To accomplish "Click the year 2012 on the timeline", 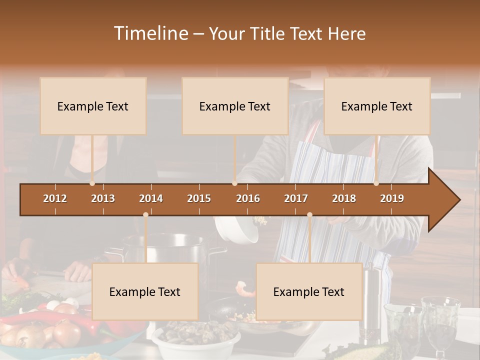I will point(55,198).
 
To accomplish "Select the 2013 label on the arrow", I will point(103,198).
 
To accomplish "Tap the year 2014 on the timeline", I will point(151,198).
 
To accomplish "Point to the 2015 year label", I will point(199,198).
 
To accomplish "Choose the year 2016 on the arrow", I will point(248,198).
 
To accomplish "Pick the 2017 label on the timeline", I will point(296,198).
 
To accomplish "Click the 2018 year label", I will point(344,198).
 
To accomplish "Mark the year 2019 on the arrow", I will point(392,198).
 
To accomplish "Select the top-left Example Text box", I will point(93,106).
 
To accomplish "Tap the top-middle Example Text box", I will point(235,106).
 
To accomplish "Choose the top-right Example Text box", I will point(377,106).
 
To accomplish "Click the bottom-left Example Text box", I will point(145,291).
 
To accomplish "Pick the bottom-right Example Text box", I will point(309,291).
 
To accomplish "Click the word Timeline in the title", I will point(150,33).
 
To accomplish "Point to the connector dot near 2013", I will point(92,183).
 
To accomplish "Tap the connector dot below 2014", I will point(145,215).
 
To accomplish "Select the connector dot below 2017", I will point(309,215).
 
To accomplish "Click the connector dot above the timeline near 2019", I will point(376,183).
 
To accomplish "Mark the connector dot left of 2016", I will point(234,183).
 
